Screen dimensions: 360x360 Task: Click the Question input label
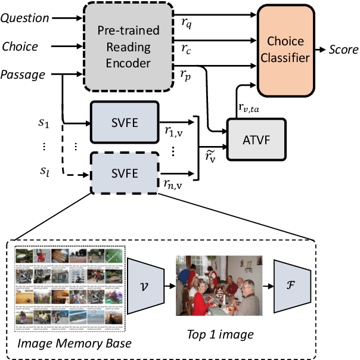tap(24, 18)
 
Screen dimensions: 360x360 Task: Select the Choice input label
tap(20, 46)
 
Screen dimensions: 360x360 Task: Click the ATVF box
tap(256, 138)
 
